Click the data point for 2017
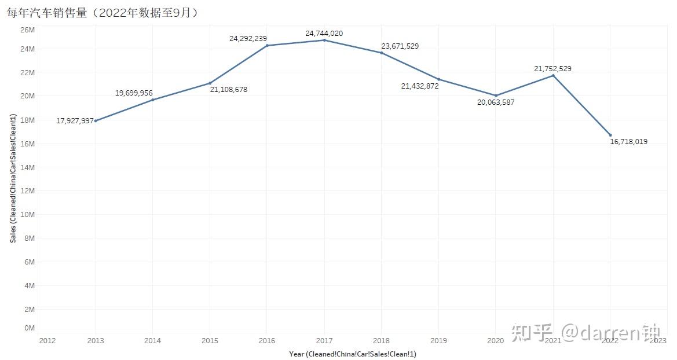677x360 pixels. click(324, 40)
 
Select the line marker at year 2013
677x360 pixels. click(96, 120)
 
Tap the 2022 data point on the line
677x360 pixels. click(610, 135)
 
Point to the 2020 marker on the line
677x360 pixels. click(496, 95)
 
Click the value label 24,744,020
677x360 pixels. click(324, 34)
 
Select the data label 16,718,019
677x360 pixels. click(628, 142)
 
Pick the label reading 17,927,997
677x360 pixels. click(75, 121)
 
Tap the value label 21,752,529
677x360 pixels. click(552, 69)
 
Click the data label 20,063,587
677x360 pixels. click(496, 102)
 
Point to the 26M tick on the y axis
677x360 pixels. click(28, 30)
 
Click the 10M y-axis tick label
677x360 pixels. click(28, 214)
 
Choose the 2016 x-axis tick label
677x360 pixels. click(267, 341)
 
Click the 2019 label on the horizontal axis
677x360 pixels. click(438, 341)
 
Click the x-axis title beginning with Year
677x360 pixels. click(353, 354)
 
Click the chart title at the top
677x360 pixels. click(102, 13)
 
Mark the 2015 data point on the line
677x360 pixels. click(210, 83)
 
